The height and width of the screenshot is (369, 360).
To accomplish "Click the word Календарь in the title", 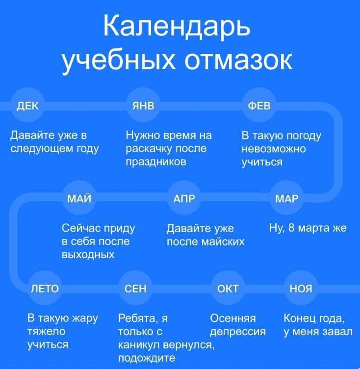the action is point(177,26).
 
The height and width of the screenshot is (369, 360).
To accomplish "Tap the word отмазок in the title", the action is point(238,61).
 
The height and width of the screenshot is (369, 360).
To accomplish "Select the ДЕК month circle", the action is point(28,105).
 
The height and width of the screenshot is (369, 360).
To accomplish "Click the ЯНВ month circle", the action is point(143,105).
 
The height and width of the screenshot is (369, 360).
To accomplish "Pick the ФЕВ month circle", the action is point(259,105).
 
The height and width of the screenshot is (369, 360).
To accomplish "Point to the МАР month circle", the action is point(286,198).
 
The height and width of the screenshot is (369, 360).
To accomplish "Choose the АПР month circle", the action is point(184,198).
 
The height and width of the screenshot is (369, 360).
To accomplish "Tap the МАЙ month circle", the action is point(79,198).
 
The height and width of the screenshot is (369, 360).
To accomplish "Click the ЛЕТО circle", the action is point(45,288).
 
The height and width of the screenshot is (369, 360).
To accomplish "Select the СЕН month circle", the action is point(135,288).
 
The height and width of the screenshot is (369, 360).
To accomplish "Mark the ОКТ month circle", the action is point(228,288).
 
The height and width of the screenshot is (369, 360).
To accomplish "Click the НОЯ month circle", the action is point(301,288).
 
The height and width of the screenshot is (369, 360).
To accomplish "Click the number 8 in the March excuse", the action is point(291,228).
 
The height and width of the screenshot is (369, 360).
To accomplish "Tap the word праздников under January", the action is point(156,162).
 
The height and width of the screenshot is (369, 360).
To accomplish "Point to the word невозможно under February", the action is point(274,149).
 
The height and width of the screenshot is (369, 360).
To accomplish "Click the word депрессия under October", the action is point(238,332).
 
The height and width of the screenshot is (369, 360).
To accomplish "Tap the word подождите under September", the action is point(147,358).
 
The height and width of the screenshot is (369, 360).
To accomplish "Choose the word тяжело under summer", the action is point(47,332).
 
